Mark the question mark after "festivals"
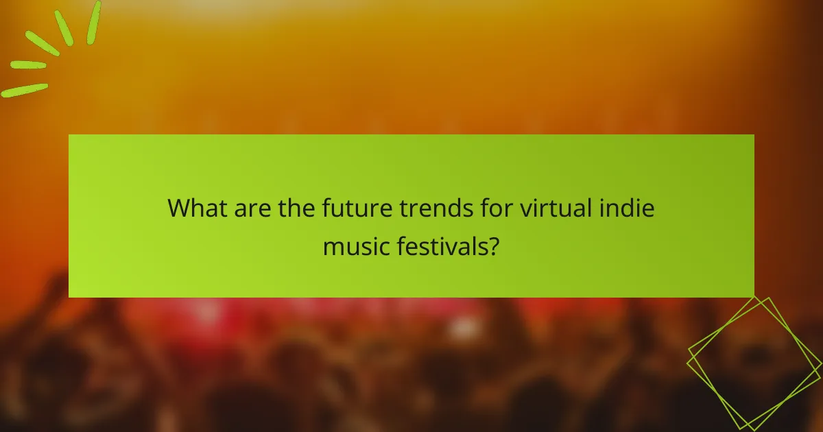click(493, 245)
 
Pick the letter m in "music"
click(333, 246)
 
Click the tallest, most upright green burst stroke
click(94, 22)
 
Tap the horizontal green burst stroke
click(28, 65)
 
